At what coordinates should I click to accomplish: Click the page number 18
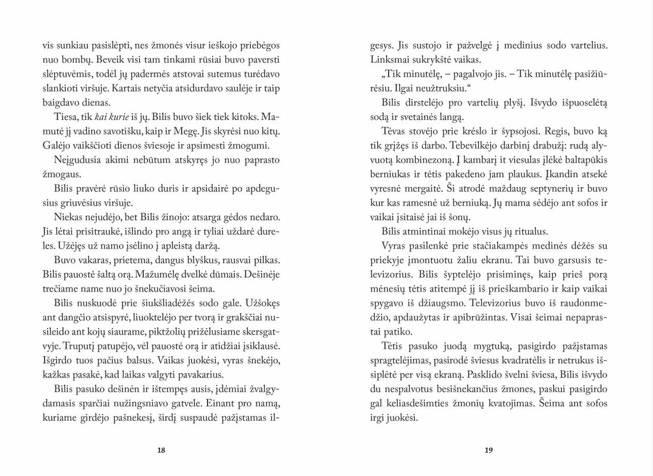[x=161, y=450]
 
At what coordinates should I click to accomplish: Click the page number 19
[x=488, y=450]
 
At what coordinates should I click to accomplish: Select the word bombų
[x=77, y=61]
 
